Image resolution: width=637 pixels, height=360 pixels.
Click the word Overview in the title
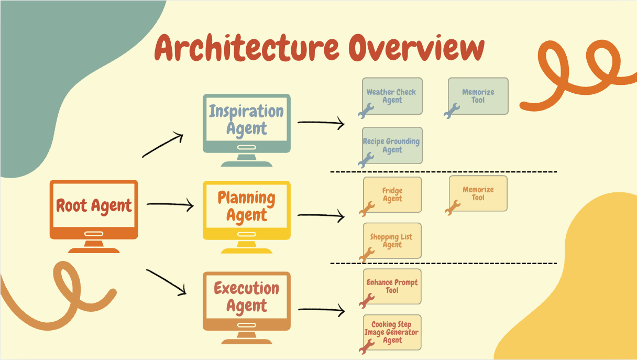(416, 48)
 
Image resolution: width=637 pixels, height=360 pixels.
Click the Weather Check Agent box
(392, 96)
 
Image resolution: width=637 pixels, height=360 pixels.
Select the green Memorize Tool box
(478, 96)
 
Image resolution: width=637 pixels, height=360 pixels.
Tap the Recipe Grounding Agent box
(392, 145)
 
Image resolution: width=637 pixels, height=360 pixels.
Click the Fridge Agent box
(392, 194)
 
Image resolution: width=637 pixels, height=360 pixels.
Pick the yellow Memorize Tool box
(478, 193)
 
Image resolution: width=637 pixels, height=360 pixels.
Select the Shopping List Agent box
(392, 241)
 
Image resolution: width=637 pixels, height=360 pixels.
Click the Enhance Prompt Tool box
(392, 286)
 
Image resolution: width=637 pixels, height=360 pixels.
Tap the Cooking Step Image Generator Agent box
(392, 332)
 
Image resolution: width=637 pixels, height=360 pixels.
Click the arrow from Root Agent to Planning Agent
(170, 205)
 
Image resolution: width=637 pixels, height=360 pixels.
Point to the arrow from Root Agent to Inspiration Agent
(162, 146)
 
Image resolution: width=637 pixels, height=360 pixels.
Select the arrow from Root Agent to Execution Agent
(167, 282)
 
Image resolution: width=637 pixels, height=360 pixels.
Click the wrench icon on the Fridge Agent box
(367, 209)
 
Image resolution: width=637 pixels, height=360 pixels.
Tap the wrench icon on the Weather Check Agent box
(366, 111)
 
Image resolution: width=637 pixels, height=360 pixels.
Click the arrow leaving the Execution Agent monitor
(321, 310)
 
